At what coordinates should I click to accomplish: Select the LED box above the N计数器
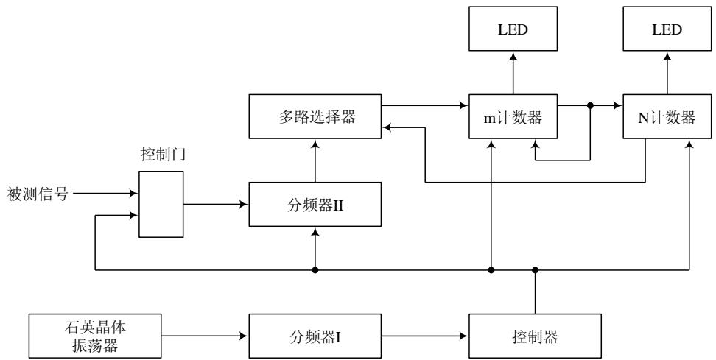pos(667,30)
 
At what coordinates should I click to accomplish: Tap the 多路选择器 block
pos(315,116)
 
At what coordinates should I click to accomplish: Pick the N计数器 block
pos(667,116)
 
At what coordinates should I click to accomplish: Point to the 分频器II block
pos(315,204)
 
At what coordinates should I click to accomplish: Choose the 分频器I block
pos(315,336)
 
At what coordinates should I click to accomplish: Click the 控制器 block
pos(536,336)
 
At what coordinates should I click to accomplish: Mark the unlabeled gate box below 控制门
pos(161,204)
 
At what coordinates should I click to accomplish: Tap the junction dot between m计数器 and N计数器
pos(590,106)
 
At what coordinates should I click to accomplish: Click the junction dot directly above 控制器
pos(536,270)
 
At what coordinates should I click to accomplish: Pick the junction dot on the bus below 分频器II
pos(315,270)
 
